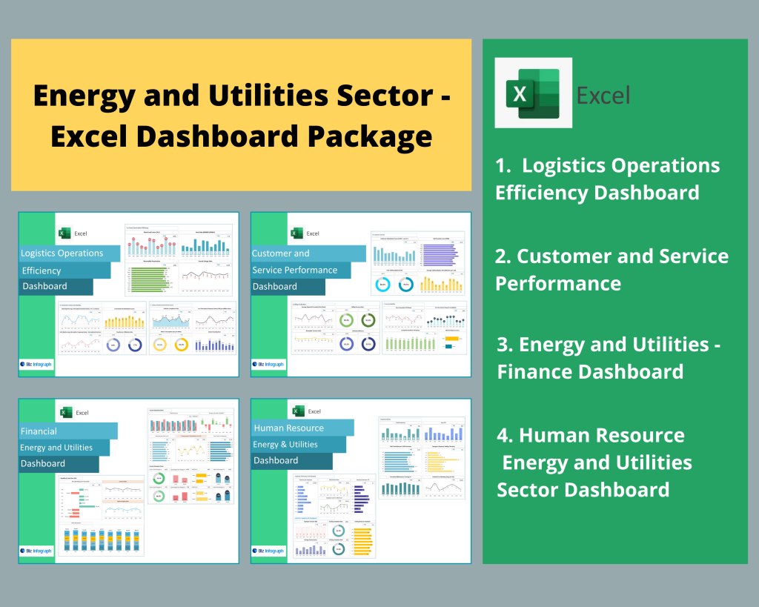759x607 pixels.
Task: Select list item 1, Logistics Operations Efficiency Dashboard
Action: pyautogui.click(x=607, y=179)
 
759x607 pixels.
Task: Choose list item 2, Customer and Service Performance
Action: pyautogui.click(x=611, y=269)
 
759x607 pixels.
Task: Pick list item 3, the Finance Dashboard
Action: pyautogui.click(x=609, y=357)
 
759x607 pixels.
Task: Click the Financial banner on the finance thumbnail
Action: pyautogui.click(x=67, y=431)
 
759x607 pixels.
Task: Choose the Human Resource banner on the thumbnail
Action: pyautogui.click(x=301, y=428)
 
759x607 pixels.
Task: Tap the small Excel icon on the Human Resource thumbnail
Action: pyautogui.click(x=298, y=411)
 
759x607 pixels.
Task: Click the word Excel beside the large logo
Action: pyautogui.click(x=603, y=95)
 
